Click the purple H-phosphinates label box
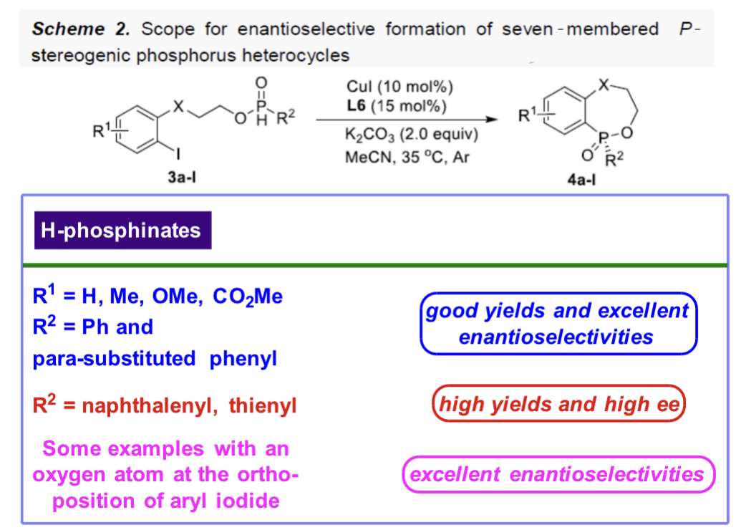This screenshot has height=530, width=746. (122, 231)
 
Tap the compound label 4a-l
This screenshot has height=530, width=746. (580, 180)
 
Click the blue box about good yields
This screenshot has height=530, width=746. (557, 323)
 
